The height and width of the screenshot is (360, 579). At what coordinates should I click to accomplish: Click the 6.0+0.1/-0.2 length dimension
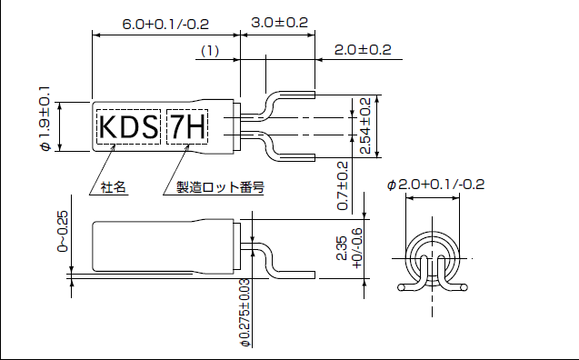coord(165,22)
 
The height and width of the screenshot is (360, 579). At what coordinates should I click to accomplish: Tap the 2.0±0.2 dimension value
coord(362,50)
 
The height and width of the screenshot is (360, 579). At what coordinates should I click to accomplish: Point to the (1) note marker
coord(210,53)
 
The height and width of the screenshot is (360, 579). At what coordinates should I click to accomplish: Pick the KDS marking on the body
coord(128,128)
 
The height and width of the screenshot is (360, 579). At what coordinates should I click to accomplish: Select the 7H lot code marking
coord(186,128)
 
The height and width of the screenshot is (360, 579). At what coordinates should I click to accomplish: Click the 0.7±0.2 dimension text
coord(343,185)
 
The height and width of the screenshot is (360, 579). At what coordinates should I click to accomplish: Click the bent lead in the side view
coord(273,264)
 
